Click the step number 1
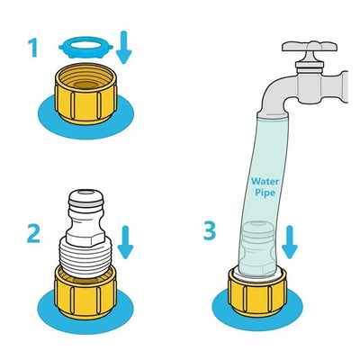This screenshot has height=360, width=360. pyautogui.click(x=33, y=49)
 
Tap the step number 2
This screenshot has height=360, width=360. pyautogui.click(x=33, y=234)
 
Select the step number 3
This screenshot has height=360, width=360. pyautogui.click(x=210, y=230)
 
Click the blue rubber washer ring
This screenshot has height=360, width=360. pyautogui.click(x=85, y=48)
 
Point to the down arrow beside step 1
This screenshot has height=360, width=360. pyautogui.click(x=123, y=48)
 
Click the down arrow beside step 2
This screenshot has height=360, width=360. pyautogui.click(x=125, y=242)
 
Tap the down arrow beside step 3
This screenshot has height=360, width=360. pyautogui.click(x=290, y=242)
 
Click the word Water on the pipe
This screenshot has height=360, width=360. pyautogui.click(x=265, y=182)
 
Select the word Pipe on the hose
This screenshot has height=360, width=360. pyautogui.click(x=265, y=193)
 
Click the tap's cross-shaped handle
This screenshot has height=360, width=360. pyautogui.click(x=310, y=47)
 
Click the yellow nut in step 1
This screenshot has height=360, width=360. pyautogui.click(x=85, y=93)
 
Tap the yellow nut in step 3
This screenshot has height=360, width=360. pyautogui.click(x=257, y=292)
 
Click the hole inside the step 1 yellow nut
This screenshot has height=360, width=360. pyautogui.click(x=86, y=85)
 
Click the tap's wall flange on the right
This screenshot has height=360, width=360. pyautogui.click(x=343, y=87)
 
